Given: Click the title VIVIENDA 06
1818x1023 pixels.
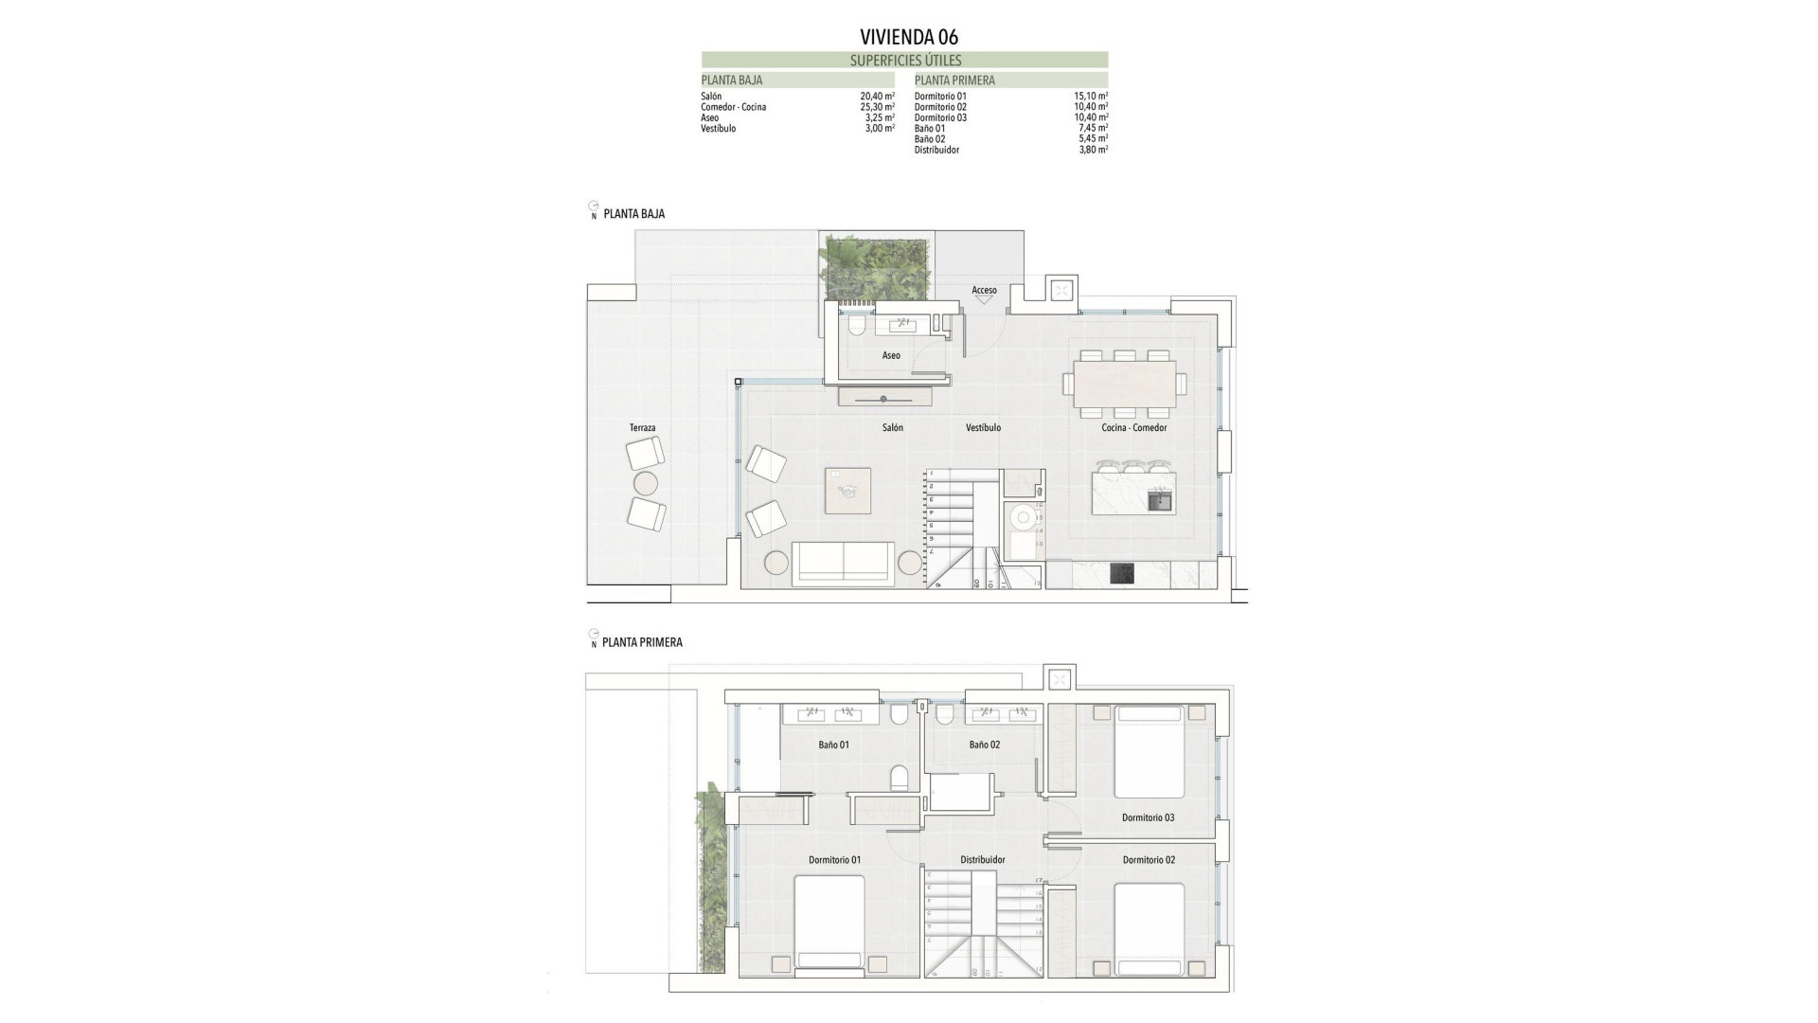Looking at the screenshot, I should (908, 37).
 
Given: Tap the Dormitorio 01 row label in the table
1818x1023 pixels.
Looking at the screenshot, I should (940, 97).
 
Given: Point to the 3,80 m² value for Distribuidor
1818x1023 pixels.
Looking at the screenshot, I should (1093, 150).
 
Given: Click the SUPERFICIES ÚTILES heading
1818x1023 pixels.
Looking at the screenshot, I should (905, 61).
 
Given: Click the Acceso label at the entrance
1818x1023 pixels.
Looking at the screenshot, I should (984, 290).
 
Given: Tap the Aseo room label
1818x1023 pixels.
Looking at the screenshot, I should (891, 355).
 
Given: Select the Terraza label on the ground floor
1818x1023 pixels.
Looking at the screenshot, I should (642, 428).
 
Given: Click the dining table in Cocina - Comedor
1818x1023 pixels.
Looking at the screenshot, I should (1124, 383).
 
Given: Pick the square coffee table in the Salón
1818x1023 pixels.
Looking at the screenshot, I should (847, 491).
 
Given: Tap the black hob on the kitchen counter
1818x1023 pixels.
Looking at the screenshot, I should (1122, 574).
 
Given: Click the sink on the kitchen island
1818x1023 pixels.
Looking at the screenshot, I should (1159, 501).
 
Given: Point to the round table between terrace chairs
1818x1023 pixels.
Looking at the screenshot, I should (645, 484).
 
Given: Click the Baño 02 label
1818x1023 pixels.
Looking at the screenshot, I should (984, 745).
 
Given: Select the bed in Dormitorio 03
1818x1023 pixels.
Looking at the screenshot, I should (1150, 751).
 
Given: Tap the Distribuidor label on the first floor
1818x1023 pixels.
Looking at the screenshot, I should (982, 860).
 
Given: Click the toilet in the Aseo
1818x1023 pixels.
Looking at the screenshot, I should (857, 327).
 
